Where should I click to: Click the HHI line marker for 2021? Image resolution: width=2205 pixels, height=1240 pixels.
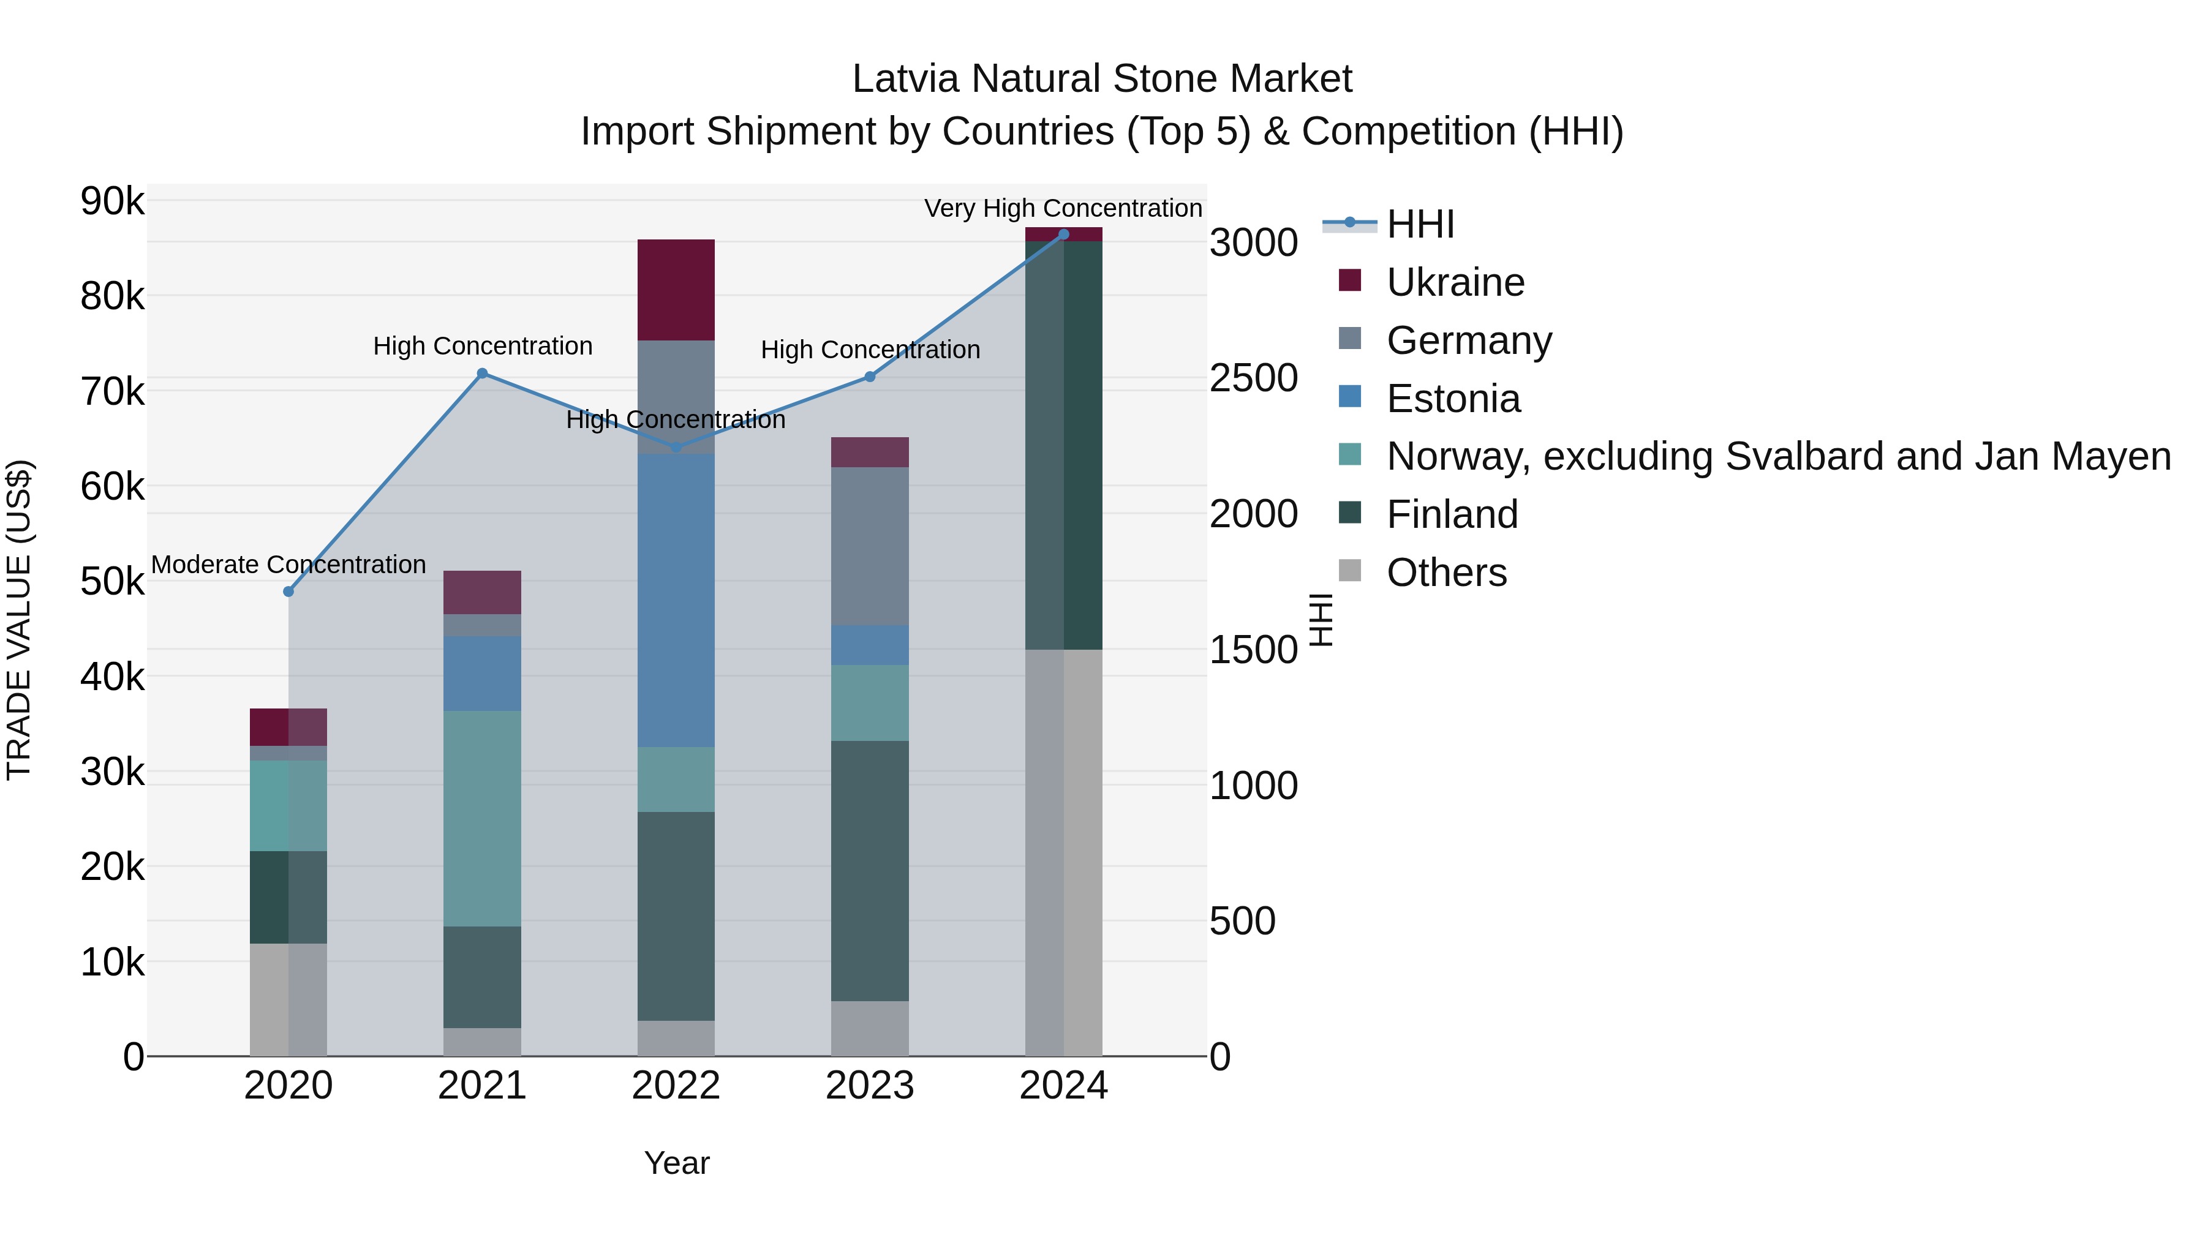coord(482,373)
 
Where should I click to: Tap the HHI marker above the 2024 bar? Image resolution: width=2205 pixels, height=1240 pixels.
coord(1063,235)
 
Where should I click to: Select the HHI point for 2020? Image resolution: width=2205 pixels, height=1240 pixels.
coord(288,592)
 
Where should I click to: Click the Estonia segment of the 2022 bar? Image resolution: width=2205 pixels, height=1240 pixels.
coord(676,599)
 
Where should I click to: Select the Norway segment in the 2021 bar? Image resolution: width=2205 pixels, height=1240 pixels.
coord(482,817)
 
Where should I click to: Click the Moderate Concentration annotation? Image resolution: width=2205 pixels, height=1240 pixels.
coord(288,565)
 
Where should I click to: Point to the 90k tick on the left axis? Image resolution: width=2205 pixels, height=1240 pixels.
coord(112,202)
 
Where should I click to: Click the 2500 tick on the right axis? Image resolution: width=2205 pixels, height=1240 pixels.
coord(1253,378)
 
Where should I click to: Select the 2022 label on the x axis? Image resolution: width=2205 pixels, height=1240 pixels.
coord(676,1086)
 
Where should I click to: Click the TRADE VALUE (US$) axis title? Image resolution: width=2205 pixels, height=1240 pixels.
coord(19,620)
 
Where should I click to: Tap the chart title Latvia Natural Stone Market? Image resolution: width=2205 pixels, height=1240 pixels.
coord(1102,79)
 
